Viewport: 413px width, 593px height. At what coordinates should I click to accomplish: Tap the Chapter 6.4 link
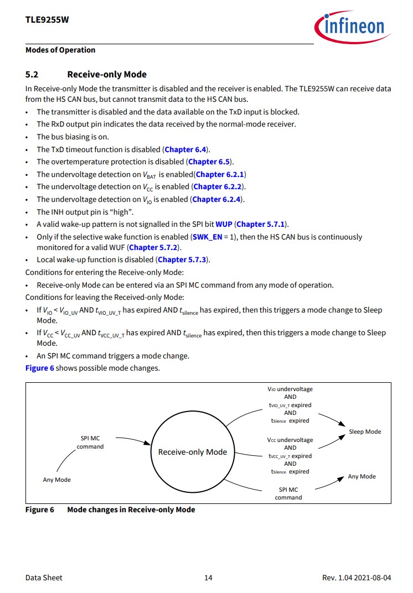tap(186, 149)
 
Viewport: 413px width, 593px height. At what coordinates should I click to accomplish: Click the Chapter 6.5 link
tap(210, 162)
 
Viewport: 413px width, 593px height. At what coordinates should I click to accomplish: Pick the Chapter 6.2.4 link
tap(217, 199)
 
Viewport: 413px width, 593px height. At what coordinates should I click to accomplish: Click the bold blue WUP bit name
tap(224, 224)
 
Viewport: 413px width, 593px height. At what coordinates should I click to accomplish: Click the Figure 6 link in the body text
tap(39, 368)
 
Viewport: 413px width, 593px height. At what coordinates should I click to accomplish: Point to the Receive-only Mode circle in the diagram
tap(192, 451)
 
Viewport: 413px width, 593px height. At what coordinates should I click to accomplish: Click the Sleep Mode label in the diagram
tap(365, 431)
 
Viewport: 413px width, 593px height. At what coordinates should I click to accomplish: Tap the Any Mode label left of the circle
tap(57, 480)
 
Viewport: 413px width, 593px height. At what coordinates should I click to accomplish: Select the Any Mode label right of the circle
tap(362, 476)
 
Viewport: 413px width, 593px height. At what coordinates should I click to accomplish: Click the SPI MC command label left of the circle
tap(90, 443)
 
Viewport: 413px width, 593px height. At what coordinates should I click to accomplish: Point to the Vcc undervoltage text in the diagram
tap(290, 440)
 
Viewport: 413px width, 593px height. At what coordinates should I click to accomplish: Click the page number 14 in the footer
tap(208, 578)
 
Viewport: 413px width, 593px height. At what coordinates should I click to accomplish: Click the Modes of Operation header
tap(60, 50)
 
